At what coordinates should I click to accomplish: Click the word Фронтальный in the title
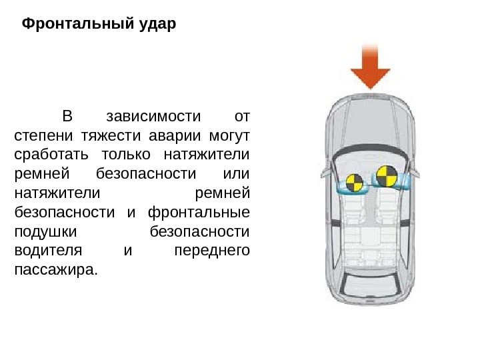coord(75,25)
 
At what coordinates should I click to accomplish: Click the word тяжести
coord(111,136)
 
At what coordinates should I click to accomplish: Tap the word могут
coord(228,136)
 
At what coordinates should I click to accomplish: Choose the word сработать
coord(53,155)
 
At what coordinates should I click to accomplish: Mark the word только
coord(129,155)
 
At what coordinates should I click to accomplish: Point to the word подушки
coord(46,232)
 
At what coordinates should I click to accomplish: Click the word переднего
coord(211,251)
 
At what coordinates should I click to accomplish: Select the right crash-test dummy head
coord(385,177)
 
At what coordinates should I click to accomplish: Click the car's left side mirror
coord(325,172)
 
